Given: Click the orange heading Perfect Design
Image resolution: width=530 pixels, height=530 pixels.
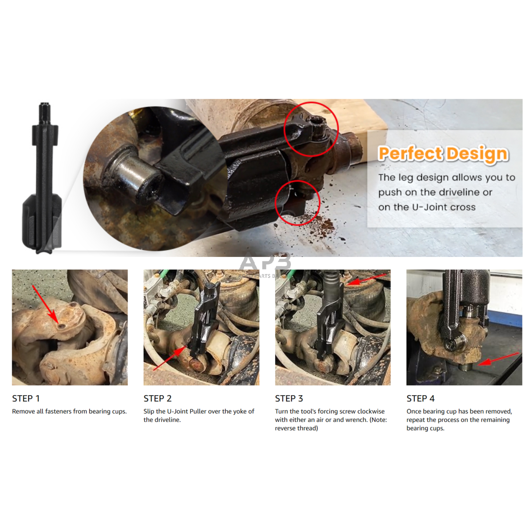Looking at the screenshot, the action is coord(443,154).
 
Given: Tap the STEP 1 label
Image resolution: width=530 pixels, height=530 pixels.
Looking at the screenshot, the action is coord(26,398).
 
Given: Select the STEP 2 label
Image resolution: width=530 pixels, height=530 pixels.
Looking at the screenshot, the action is coord(157,398).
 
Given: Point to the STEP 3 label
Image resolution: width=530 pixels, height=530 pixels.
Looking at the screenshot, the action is coord(289,398).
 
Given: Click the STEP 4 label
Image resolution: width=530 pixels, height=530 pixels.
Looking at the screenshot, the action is coord(421,398).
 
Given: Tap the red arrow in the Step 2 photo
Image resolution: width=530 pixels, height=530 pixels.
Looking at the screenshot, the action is coord(170,358).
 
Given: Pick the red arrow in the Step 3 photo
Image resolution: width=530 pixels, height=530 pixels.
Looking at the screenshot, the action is coord(367,279).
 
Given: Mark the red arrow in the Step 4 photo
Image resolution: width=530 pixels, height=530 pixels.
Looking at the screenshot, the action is coord(499,359).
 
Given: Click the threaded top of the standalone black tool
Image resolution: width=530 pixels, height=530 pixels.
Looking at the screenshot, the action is coord(45,114).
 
